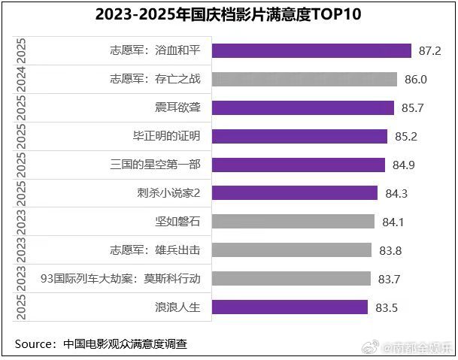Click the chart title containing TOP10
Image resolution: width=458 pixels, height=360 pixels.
coord(229,14)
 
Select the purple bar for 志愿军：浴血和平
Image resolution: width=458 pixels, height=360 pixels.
coord(311,50)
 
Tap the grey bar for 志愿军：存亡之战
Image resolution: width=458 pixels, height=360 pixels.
coord(305,79)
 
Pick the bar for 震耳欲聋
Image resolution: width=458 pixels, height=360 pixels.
coord(303,107)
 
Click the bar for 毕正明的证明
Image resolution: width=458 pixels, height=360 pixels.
coord(300,136)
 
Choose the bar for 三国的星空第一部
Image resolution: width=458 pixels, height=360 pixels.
coord(299,165)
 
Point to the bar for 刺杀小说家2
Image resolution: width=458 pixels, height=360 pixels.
coord(295,193)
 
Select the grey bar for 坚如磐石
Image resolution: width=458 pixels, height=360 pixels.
coord(293,221)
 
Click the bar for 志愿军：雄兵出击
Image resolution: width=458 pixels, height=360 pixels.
coord(292,250)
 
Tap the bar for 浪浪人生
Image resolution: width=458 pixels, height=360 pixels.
coord(290,307)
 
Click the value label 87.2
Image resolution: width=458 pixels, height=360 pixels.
coord(429,51)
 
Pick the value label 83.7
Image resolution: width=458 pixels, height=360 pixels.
coord(389,279)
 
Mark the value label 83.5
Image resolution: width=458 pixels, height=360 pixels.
coord(387,307)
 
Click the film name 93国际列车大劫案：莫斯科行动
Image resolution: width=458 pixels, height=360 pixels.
coord(120,278)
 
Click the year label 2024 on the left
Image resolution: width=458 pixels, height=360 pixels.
coord(22,79)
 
